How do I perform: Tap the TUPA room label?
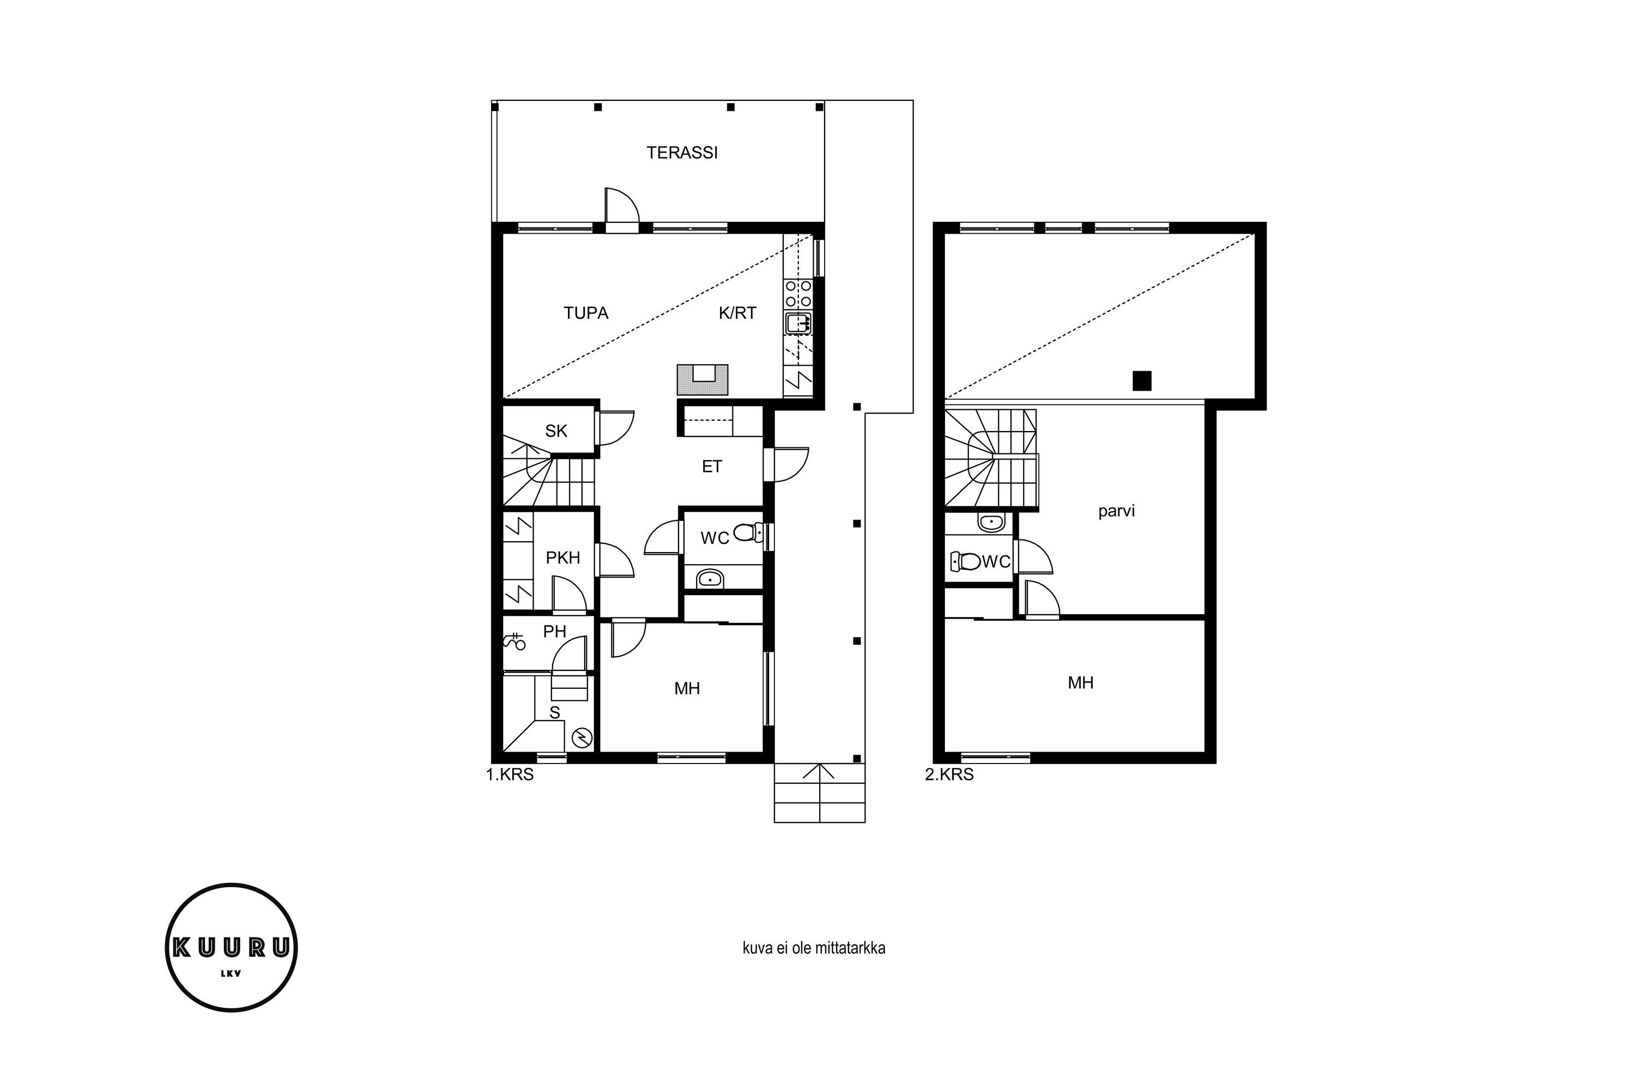pos(586,313)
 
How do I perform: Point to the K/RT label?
pos(737,313)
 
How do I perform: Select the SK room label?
pos(556,431)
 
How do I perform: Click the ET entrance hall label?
pos(712,467)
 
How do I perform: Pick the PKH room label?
pos(563,558)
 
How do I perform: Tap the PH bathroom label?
pos(555,631)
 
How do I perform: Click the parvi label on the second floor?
pos(1116,512)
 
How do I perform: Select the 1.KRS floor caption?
pos(510,774)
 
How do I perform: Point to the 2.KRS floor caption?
pos(949,774)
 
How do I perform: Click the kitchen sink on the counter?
pos(798,323)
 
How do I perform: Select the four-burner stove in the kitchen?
pos(798,293)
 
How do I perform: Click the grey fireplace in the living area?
pos(703,380)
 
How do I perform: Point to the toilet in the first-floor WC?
pos(748,533)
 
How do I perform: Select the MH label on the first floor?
pos(687,689)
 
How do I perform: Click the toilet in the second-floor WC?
pos(966,561)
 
